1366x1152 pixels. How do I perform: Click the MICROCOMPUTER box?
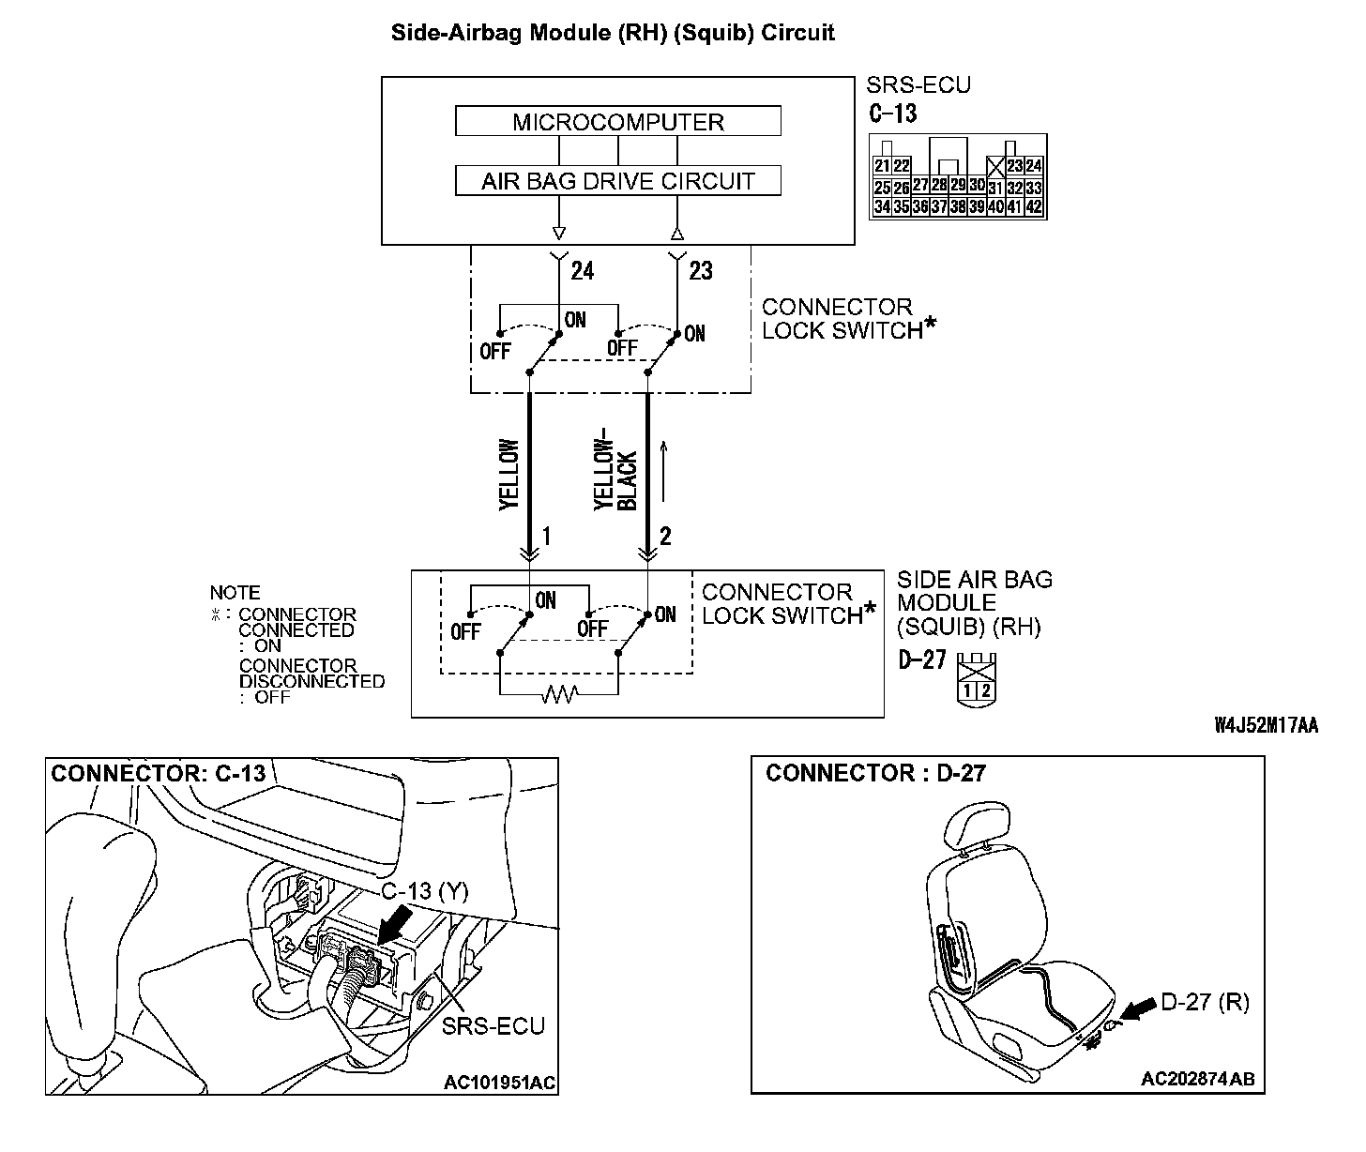coord(617,122)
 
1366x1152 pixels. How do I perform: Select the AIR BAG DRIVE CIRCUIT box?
coord(617,181)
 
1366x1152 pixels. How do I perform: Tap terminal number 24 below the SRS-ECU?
coord(582,271)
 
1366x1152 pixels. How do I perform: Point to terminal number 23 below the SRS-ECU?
coord(700,271)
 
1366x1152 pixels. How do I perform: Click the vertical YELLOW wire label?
coord(508,475)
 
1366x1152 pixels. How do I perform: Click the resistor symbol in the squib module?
coord(559,694)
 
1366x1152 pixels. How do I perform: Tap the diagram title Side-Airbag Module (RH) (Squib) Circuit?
coord(612,33)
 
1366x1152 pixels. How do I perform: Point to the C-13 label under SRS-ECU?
coord(892,114)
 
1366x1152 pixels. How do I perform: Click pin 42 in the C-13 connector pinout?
coord(1034,207)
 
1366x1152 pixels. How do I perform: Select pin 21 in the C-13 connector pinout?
coord(882,166)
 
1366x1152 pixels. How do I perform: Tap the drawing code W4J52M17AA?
coord(1266,725)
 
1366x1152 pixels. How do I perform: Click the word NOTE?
coord(235,593)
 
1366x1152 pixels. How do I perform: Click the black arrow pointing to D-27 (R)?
coord(1136,1011)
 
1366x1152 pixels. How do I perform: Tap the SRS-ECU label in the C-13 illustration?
coord(494,1025)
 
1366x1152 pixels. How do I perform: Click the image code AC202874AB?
coord(1197,1080)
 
